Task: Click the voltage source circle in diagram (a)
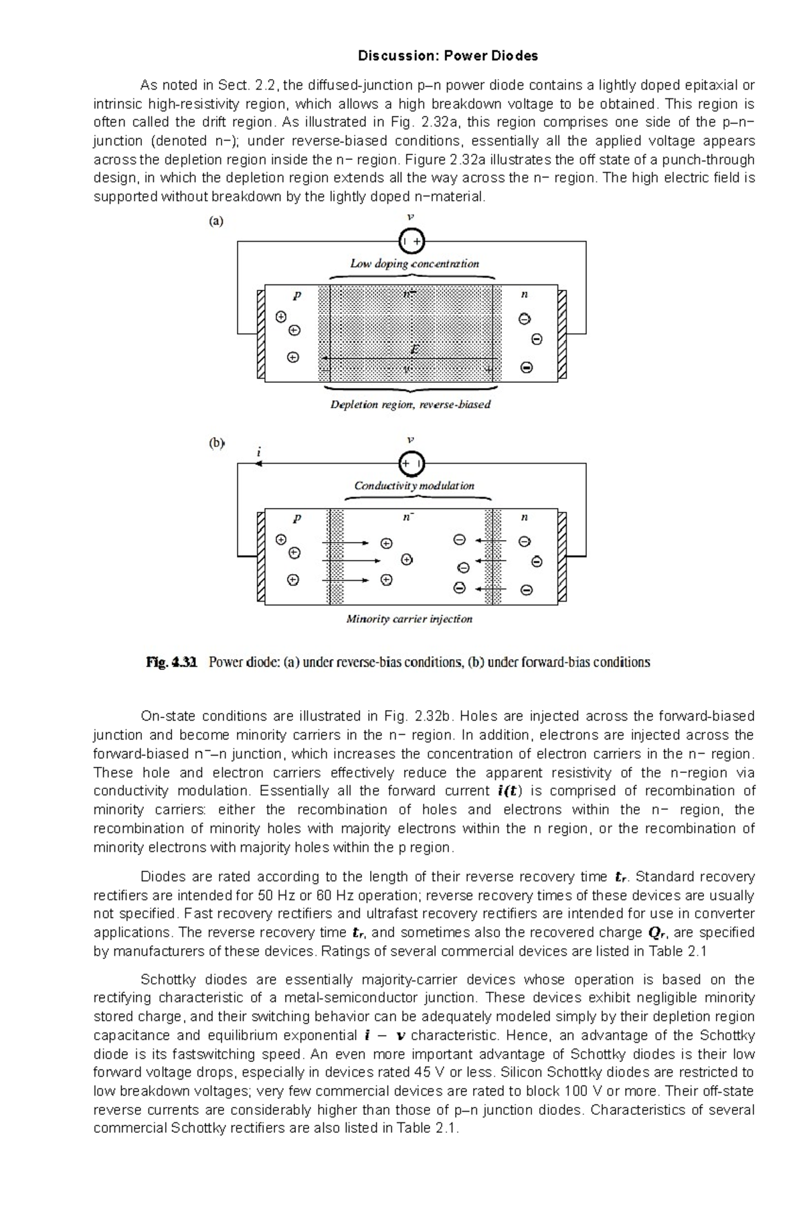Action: [412, 240]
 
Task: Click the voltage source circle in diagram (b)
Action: [412, 462]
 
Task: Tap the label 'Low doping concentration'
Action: [414, 264]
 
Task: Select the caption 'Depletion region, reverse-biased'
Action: [410, 404]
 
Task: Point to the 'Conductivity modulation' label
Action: [414, 486]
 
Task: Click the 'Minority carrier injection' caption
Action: [409, 619]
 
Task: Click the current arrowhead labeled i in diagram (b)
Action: [258, 464]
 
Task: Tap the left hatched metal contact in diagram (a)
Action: [261, 334]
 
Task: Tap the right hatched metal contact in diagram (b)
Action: [562, 557]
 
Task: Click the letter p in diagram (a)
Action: [296, 295]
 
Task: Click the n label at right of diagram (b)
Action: [525, 517]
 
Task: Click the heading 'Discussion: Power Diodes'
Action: [448, 56]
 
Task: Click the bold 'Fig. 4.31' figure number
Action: [171, 663]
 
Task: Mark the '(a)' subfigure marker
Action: [216, 221]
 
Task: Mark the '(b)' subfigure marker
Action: [216, 443]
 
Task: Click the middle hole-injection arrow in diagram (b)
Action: [351, 561]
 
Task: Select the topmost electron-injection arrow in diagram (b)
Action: [490, 540]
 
